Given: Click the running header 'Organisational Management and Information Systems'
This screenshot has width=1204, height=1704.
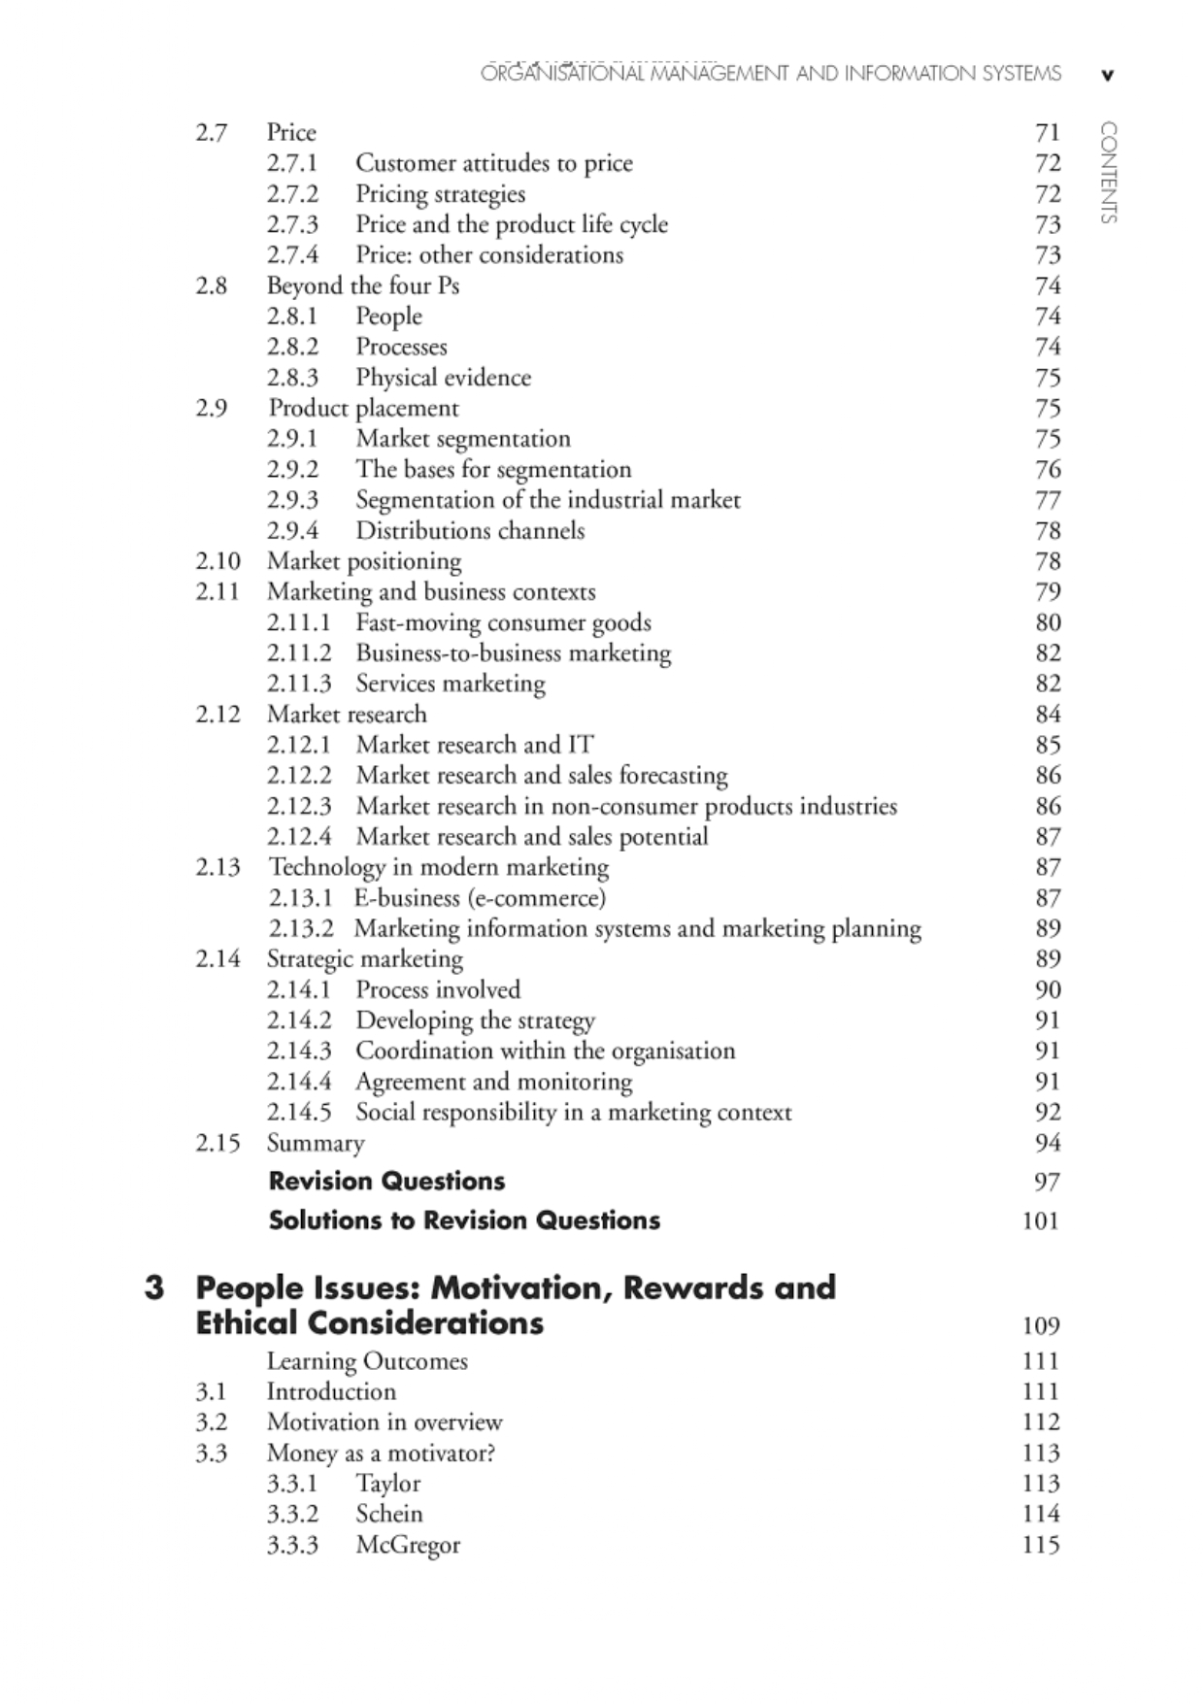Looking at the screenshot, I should point(771,74).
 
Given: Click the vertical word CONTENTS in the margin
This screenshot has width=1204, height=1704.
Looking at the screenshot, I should point(1108,173).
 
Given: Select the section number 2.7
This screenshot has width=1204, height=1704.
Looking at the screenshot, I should point(211,133).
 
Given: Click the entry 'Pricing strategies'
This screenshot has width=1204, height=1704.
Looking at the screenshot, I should point(440,194).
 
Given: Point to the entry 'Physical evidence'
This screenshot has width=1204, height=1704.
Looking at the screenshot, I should point(443,378).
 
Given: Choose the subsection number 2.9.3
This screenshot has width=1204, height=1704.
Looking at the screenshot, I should point(292,500).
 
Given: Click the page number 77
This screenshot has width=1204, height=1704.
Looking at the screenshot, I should point(1048,500).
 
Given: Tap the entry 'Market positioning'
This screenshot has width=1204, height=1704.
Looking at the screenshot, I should point(364,561).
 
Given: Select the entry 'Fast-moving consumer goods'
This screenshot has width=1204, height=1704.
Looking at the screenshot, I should point(503,622).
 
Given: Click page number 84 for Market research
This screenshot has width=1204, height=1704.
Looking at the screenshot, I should point(1048,715).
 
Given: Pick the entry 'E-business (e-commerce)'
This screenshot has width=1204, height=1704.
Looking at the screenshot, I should point(480,898).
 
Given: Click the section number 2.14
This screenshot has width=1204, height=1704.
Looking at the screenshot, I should point(217,959).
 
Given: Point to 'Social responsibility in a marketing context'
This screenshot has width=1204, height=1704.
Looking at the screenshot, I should point(573,1113).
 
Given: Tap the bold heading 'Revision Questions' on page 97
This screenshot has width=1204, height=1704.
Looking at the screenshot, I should point(386,1182).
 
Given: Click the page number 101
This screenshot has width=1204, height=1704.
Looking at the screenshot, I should point(1040,1221).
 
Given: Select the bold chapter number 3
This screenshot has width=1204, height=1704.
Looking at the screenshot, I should point(153,1288).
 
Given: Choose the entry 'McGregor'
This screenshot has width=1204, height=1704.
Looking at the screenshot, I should point(408,1545).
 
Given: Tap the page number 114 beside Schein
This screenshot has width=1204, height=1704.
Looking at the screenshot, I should point(1040,1514).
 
